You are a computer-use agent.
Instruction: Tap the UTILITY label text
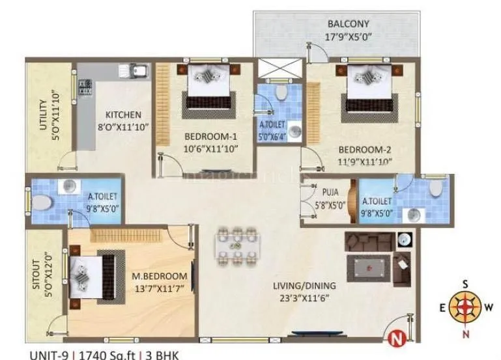tap(43, 115)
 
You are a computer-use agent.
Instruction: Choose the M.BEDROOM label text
tap(160, 276)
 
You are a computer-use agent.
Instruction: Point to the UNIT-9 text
tap(50, 355)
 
